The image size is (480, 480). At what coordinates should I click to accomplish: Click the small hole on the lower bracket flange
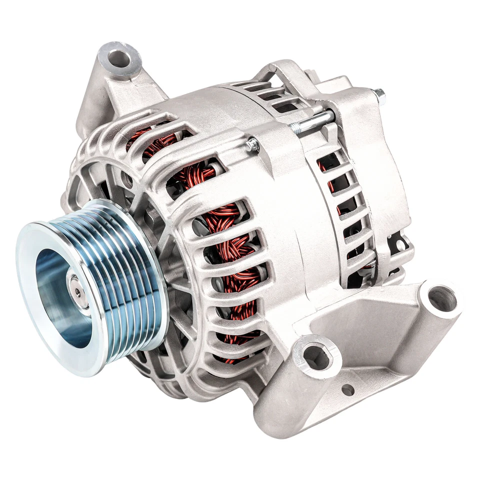pyautogui.click(x=347, y=389)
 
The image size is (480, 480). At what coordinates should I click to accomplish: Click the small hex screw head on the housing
pyautogui.click(x=253, y=144)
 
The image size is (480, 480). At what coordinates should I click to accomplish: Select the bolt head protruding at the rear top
pyautogui.click(x=379, y=93)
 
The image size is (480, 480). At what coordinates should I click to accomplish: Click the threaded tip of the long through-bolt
pyautogui.click(x=295, y=129)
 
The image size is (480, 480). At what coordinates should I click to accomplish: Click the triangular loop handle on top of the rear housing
pyautogui.click(x=280, y=72)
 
